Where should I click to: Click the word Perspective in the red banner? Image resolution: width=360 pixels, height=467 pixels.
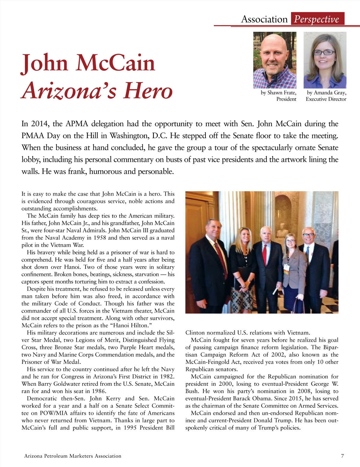click(x=316, y=19)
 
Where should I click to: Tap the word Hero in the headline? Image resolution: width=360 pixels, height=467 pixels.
click(x=148, y=91)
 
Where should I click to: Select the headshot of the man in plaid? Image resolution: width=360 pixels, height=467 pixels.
click(x=274, y=60)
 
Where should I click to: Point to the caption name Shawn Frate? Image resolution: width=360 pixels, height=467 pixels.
click(x=282, y=93)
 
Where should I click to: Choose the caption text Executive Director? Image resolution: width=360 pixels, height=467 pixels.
click(x=326, y=99)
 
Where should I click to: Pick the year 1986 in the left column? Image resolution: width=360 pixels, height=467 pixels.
click(x=98, y=391)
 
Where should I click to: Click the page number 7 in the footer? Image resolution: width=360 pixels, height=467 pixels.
click(x=342, y=456)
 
